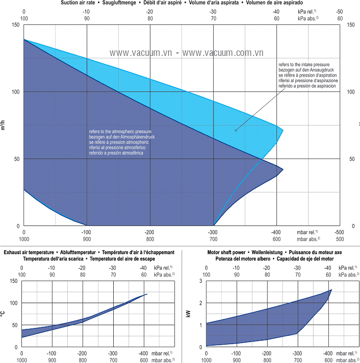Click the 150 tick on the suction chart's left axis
(x=15, y=25)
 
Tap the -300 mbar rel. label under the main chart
(x=213, y=232)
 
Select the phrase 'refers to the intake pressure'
(x=305, y=64)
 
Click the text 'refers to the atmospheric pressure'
(x=120, y=132)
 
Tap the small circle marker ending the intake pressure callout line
(x=236, y=131)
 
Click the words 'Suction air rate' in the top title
(x=78, y=3)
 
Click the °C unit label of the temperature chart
(x=3, y=314)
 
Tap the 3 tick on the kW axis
(x=201, y=280)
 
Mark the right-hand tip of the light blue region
(x=283, y=131)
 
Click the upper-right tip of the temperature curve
(x=147, y=294)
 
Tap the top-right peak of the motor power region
(x=331, y=290)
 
